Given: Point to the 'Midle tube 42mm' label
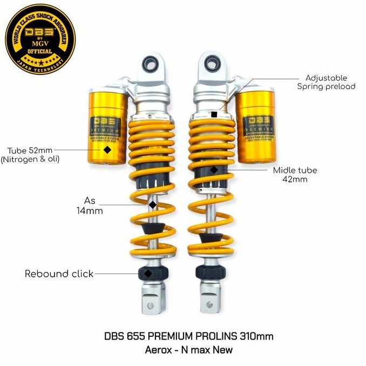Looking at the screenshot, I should tap(295, 174).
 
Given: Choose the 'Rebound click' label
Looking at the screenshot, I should tap(59, 274).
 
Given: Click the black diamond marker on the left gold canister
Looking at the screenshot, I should tap(107, 150).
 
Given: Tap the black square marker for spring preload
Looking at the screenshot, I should tap(215, 114).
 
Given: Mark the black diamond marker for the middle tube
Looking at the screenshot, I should tap(214, 170).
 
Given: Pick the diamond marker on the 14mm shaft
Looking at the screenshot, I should tap(153, 205).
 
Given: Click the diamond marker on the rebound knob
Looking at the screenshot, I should tap(148, 274).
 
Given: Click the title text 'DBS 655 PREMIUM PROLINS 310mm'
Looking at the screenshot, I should tap(188, 336).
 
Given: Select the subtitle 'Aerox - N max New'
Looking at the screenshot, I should tap(188, 349).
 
